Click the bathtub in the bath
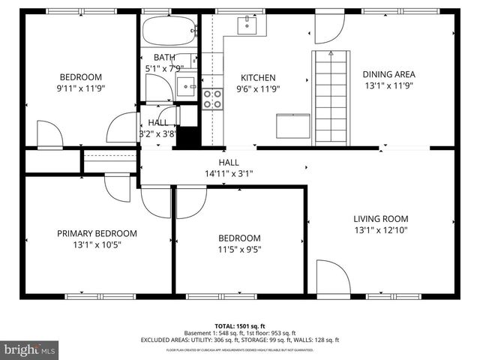click(x=169, y=32)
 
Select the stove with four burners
click(x=212, y=99)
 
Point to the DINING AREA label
click(x=388, y=74)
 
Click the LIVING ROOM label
click(x=381, y=219)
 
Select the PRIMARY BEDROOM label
click(x=97, y=233)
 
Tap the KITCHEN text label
click(x=258, y=77)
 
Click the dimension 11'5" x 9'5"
click(x=239, y=250)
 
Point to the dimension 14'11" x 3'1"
click(x=229, y=174)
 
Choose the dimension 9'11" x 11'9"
click(x=81, y=88)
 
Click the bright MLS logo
click(x=30, y=349)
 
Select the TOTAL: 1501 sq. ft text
click(x=239, y=326)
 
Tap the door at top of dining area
click(x=328, y=28)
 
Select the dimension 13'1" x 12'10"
click(x=381, y=231)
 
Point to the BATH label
click(x=164, y=58)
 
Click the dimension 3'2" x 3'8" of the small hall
click(x=157, y=134)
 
